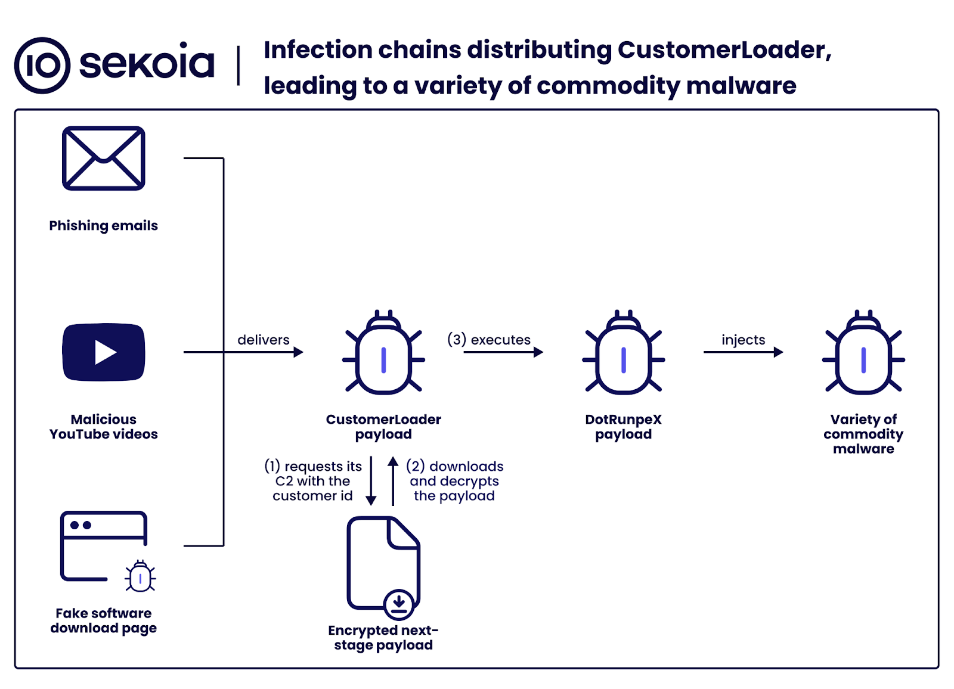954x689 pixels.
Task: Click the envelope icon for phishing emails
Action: click(104, 159)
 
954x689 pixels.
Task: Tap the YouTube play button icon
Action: click(104, 352)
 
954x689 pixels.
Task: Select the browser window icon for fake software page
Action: click(103, 545)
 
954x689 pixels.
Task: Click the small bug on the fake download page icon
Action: click(140, 576)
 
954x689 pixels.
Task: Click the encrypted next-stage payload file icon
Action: click(383, 563)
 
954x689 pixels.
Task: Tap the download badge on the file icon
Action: click(399, 604)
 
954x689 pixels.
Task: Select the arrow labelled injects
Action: click(743, 352)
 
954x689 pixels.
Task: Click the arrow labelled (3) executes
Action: click(503, 352)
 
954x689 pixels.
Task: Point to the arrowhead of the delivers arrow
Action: click(299, 352)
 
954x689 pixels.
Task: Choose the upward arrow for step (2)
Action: click(393, 481)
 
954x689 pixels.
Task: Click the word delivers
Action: click(263, 340)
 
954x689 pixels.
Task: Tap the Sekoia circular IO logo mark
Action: click(42, 66)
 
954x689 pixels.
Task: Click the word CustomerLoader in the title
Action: click(721, 50)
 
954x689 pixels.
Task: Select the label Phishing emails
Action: click(103, 226)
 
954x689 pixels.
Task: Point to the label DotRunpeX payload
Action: click(623, 427)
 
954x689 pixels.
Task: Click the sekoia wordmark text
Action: click(147, 63)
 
